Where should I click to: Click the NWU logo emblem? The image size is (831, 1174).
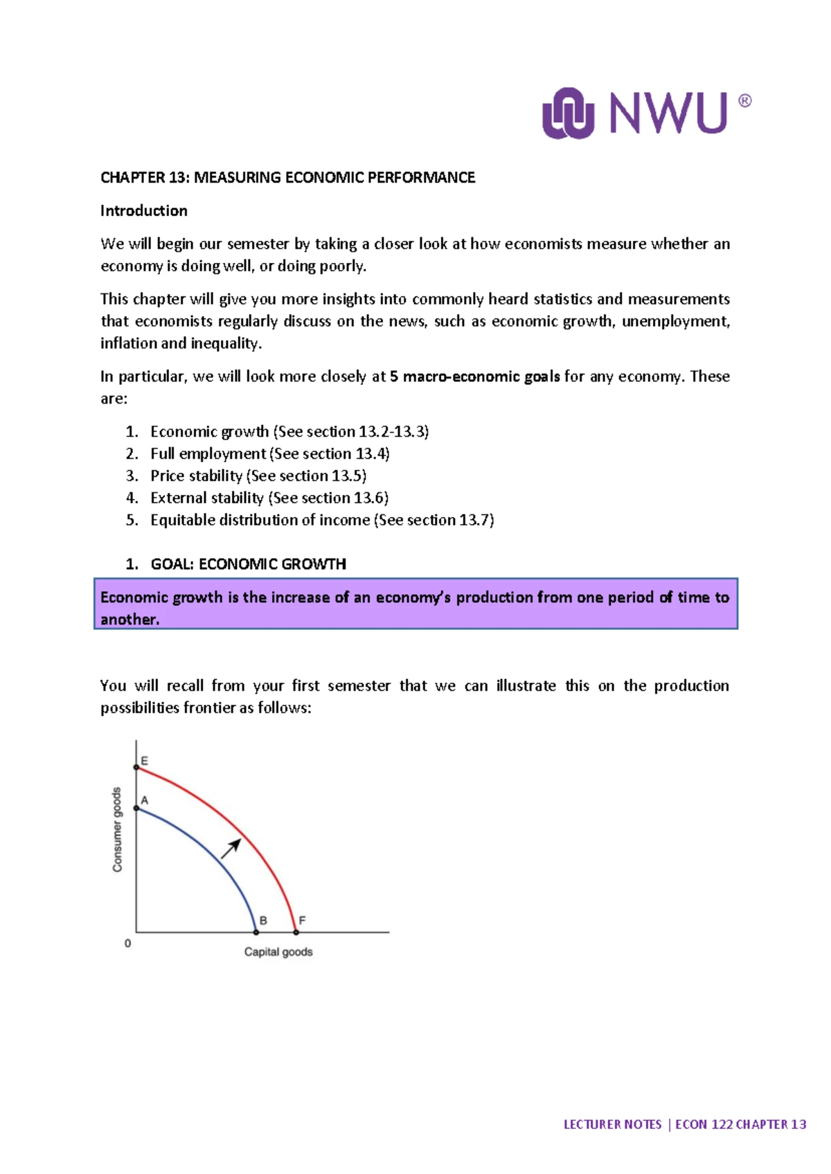[568, 113]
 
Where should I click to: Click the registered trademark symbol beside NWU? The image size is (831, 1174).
[744, 101]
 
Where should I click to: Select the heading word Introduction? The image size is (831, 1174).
[143, 210]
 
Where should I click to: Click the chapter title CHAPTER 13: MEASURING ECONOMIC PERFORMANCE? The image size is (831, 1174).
[287, 177]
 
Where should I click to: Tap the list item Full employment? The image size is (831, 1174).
[208, 453]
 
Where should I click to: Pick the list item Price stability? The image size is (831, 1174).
[196, 476]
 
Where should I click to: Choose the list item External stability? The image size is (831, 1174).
[206, 498]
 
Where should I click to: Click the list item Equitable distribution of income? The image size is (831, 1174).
[260, 520]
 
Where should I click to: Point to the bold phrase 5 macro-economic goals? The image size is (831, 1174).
[474, 377]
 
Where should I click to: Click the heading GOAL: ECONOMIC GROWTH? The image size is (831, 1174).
[248, 564]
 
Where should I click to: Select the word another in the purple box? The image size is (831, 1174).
[129, 620]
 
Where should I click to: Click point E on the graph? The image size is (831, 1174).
[136, 767]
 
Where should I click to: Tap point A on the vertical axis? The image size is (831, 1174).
[136, 808]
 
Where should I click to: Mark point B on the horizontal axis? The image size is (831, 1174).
[256, 932]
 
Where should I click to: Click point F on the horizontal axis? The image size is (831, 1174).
[296, 932]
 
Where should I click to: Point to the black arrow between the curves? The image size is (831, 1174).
[231, 848]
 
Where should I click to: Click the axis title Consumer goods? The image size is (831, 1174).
[117, 829]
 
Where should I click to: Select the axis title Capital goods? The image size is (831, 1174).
[278, 952]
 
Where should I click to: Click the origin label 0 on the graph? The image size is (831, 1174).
[127, 943]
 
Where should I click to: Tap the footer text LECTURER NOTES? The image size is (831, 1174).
[612, 1124]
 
